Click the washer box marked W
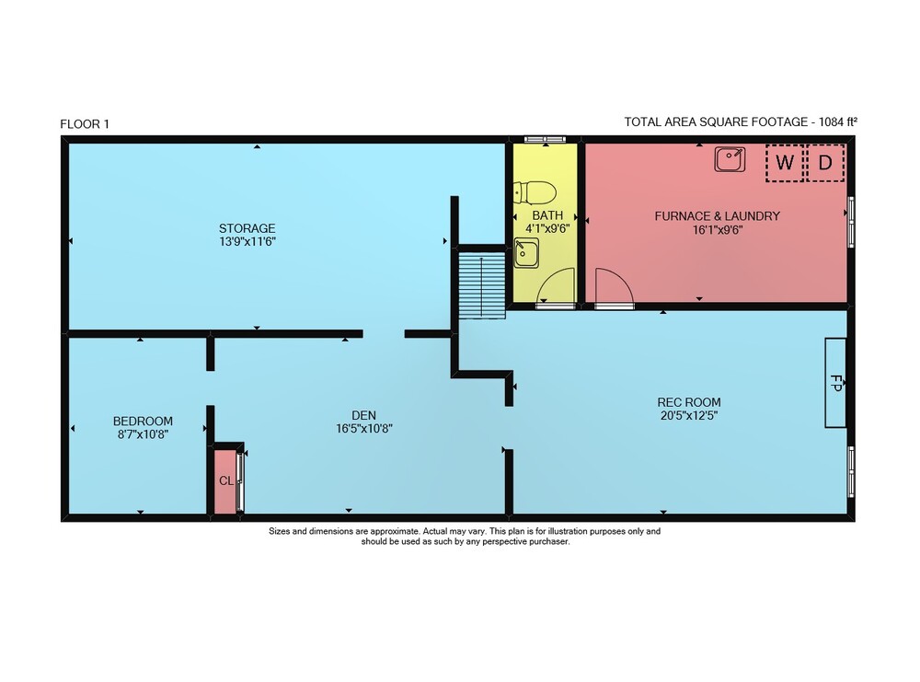[785, 163]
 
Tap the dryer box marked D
[826, 163]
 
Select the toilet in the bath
[535, 192]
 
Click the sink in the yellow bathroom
[526, 253]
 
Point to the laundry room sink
[730, 159]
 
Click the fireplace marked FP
[835, 383]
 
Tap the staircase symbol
[482, 285]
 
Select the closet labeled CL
[226, 480]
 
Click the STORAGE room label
[247, 228]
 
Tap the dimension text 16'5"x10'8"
[363, 429]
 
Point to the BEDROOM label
[143, 421]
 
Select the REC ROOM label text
[689, 402]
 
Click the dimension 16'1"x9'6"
[717, 229]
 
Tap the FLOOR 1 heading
[85, 124]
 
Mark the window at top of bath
[545, 139]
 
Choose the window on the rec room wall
[851, 472]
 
